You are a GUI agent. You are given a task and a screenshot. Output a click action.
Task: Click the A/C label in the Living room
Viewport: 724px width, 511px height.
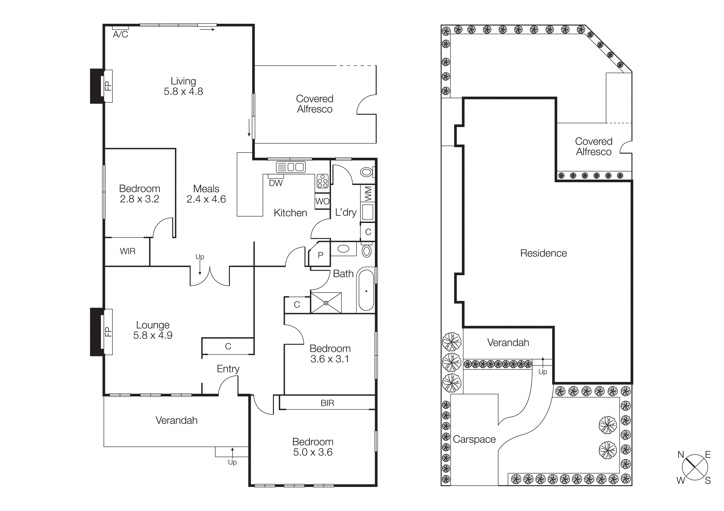[121, 34]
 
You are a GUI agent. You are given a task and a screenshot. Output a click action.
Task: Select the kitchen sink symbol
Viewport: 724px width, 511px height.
[290, 167]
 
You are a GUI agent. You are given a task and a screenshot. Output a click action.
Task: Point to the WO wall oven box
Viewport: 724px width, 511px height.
[322, 201]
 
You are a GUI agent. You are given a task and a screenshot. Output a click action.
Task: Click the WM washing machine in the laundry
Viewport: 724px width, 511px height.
[368, 193]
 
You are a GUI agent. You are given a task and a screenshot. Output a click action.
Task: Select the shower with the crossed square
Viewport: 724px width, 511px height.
[326, 303]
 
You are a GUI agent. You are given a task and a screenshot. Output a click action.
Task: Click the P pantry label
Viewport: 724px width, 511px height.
[320, 255]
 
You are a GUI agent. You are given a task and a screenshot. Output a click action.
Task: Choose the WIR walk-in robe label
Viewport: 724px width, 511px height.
[127, 251]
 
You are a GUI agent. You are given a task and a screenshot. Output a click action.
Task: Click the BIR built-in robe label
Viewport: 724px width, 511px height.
[327, 403]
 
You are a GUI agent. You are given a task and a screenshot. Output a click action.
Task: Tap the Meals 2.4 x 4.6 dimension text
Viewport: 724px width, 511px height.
[206, 199]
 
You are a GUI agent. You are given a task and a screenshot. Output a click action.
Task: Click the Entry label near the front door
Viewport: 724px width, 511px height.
[228, 369]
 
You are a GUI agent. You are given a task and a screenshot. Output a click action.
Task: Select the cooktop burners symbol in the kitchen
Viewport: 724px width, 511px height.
[322, 181]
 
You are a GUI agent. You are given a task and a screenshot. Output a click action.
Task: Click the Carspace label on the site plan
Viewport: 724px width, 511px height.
[474, 439]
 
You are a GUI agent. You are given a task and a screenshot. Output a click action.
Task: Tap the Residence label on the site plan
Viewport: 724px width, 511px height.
[543, 253]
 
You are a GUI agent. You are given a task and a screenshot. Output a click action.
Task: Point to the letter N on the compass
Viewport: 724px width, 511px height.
[680, 455]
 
